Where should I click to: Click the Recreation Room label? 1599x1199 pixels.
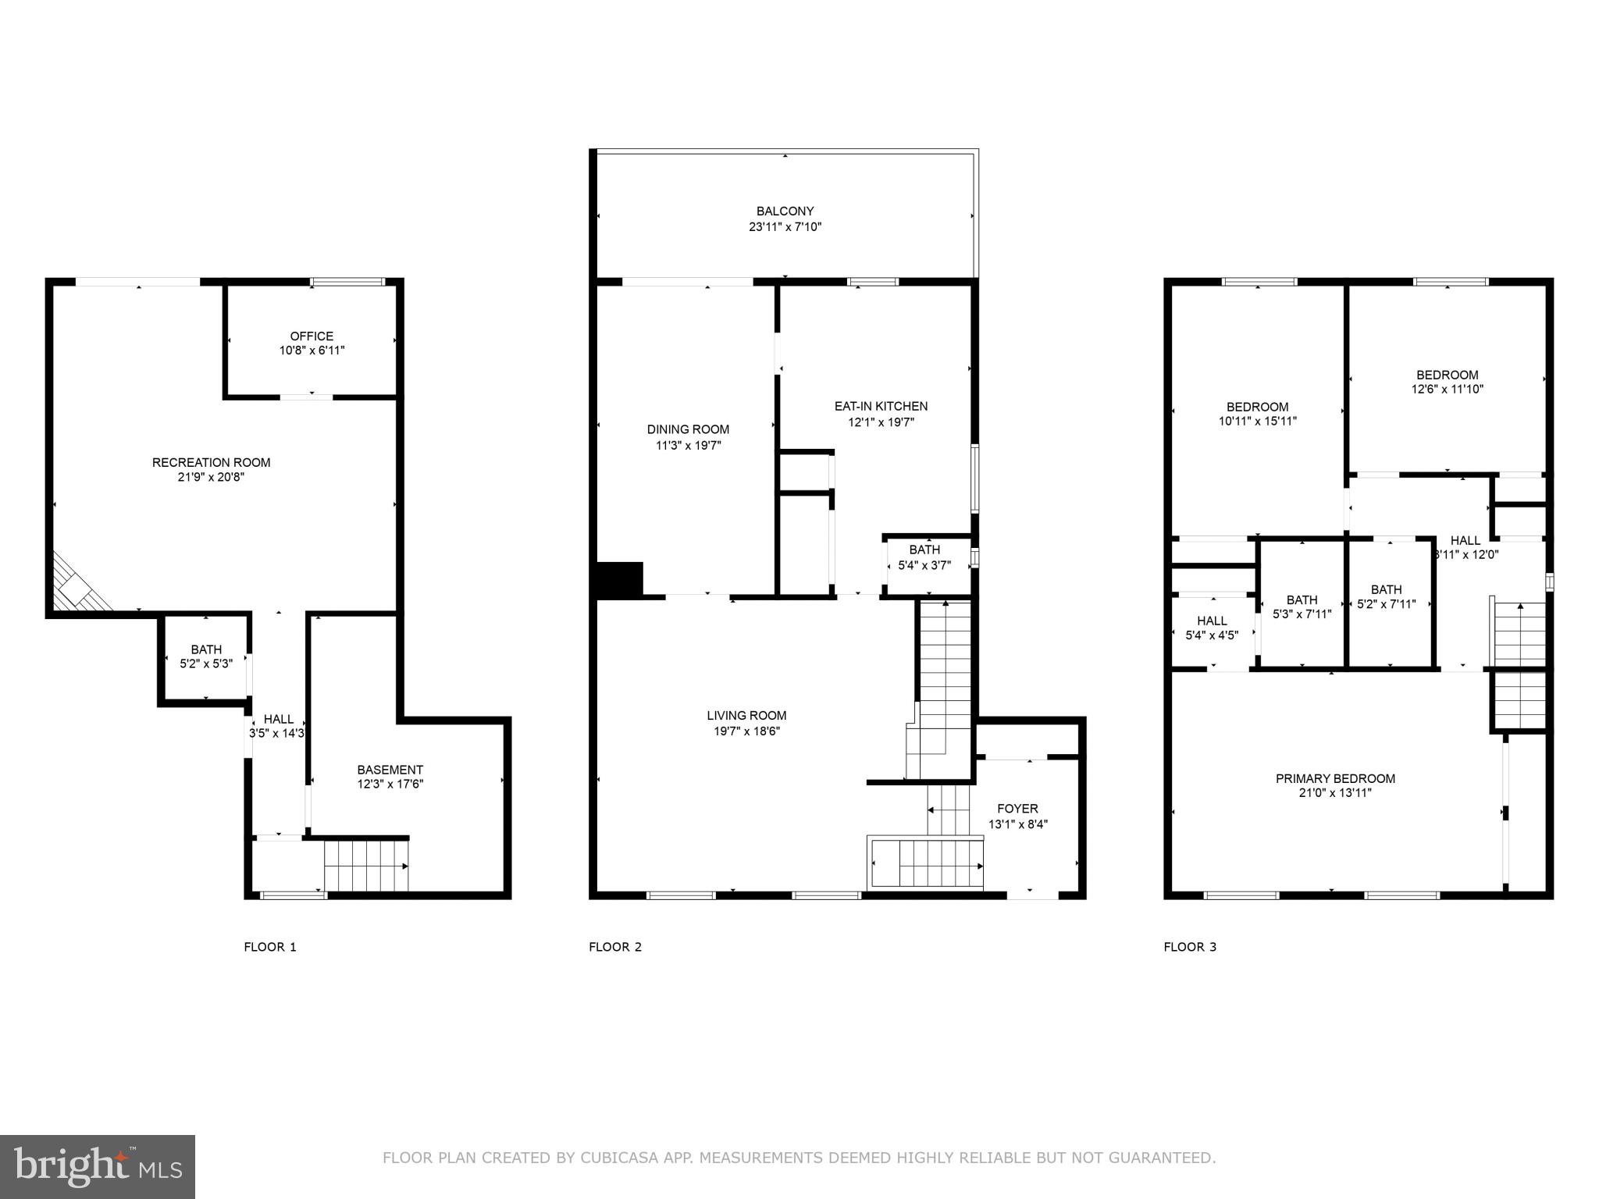211,462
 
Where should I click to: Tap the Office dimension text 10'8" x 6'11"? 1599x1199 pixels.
312,350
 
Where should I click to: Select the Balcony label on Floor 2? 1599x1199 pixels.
785,211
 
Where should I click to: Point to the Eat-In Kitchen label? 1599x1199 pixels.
881,406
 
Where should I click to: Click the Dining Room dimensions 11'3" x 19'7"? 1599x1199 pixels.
688,446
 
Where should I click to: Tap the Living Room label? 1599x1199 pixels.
746,715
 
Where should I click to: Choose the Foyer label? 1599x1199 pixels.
1017,809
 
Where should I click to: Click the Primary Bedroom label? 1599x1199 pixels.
1335,778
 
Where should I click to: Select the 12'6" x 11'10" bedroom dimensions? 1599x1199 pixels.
1447,389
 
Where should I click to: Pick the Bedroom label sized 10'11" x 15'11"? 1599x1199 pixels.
1257,407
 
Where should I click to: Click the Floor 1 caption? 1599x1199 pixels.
270,947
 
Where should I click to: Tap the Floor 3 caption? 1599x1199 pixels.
1190,947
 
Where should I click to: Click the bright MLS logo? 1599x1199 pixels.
98,1166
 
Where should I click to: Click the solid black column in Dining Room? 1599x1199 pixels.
619,579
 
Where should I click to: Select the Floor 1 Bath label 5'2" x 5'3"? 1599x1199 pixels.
206,649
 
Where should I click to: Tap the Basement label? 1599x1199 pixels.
390,770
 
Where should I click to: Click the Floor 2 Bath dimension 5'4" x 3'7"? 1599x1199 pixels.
924,565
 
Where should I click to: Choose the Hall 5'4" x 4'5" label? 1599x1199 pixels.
1212,621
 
